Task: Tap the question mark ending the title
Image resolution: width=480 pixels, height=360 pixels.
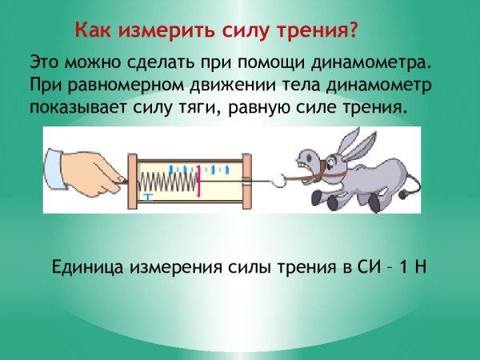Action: tap(353, 31)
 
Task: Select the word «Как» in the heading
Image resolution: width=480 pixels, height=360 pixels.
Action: tap(94, 31)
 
